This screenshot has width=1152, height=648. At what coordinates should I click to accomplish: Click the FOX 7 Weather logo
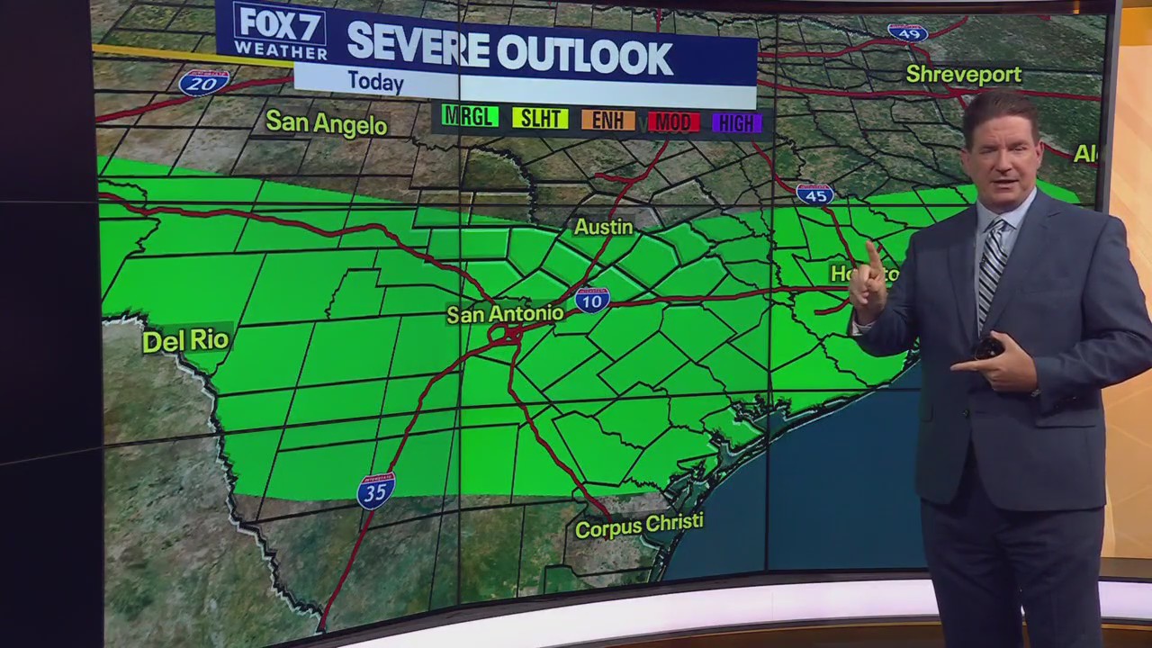[279, 31]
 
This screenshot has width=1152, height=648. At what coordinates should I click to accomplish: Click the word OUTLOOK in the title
[584, 56]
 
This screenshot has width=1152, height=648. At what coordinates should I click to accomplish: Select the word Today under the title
[375, 82]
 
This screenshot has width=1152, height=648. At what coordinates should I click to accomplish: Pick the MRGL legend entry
[469, 116]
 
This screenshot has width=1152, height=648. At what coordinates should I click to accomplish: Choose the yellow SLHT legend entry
[539, 118]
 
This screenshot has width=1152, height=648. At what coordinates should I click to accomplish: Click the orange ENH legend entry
[607, 121]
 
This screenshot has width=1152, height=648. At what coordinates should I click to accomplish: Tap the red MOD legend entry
[673, 122]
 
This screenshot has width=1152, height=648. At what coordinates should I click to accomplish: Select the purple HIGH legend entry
[737, 123]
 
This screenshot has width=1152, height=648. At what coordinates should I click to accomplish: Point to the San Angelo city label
[326, 123]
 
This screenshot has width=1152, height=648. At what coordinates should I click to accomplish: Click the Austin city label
[603, 227]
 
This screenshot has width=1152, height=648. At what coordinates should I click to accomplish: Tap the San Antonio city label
[505, 314]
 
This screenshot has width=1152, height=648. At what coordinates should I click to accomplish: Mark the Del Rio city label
[186, 340]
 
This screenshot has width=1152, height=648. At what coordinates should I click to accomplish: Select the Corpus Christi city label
[639, 526]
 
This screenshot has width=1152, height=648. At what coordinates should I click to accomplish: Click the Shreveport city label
[963, 74]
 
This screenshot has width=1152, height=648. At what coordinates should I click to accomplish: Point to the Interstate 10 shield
[591, 300]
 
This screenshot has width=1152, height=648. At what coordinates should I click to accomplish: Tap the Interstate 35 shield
[375, 490]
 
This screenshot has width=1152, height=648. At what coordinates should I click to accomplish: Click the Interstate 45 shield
[814, 194]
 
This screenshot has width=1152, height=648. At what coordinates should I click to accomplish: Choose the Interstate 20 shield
[203, 83]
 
